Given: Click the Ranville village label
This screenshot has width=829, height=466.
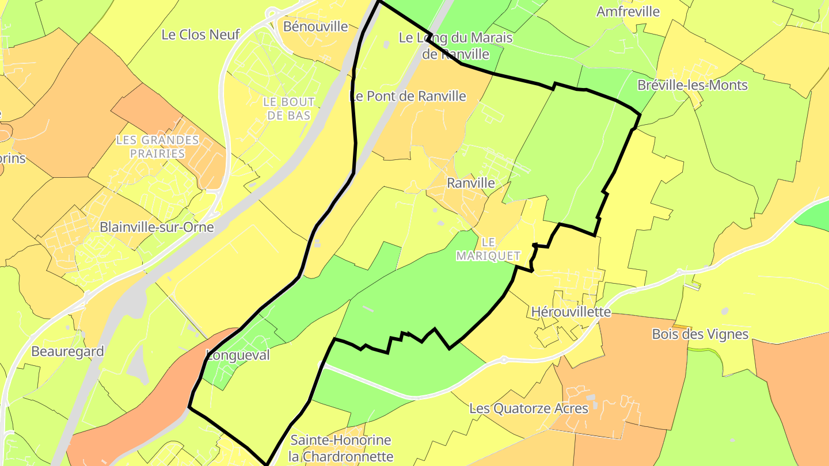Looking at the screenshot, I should (x=470, y=183).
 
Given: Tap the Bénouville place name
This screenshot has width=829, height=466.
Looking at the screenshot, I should (x=315, y=26).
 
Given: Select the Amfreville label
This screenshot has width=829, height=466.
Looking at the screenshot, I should (x=628, y=12).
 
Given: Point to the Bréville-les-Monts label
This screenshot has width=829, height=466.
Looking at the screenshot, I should (x=692, y=85).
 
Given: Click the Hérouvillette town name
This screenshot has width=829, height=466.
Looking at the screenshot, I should (x=571, y=312).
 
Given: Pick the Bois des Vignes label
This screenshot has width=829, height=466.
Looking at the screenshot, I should (x=699, y=334).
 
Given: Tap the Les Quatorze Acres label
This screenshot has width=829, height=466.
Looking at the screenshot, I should (x=528, y=408).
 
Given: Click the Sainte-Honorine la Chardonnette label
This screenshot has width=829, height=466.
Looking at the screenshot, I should (x=341, y=449).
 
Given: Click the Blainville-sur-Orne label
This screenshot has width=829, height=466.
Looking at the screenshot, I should (x=157, y=227).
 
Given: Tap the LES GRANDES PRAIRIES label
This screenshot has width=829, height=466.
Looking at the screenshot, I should (x=157, y=147).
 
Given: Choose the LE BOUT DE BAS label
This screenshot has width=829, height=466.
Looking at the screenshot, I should (x=289, y=108).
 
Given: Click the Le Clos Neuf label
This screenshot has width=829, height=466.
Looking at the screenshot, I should (x=200, y=35).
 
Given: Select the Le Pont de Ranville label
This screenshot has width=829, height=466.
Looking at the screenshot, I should (x=408, y=96).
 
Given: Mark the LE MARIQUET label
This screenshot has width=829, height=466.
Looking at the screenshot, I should (x=488, y=249).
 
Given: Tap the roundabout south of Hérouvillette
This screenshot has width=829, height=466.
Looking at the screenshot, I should (x=504, y=360).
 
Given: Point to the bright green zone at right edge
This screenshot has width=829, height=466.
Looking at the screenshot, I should (x=815, y=216).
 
